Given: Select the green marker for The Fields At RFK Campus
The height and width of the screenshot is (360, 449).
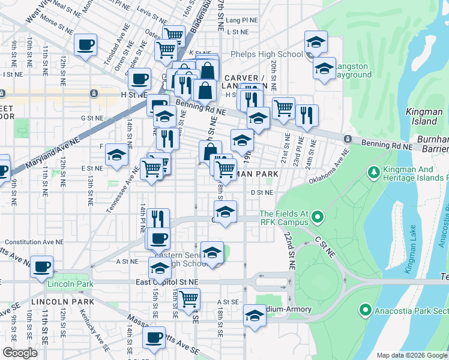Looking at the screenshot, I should (319, 215).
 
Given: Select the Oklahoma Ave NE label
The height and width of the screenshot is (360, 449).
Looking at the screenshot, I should (328, 170).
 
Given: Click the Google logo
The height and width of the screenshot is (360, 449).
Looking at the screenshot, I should (20, 353).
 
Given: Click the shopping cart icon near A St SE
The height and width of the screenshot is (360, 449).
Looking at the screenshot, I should (189, 298).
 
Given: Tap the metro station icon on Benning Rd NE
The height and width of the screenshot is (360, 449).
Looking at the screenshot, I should (347, 139).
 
